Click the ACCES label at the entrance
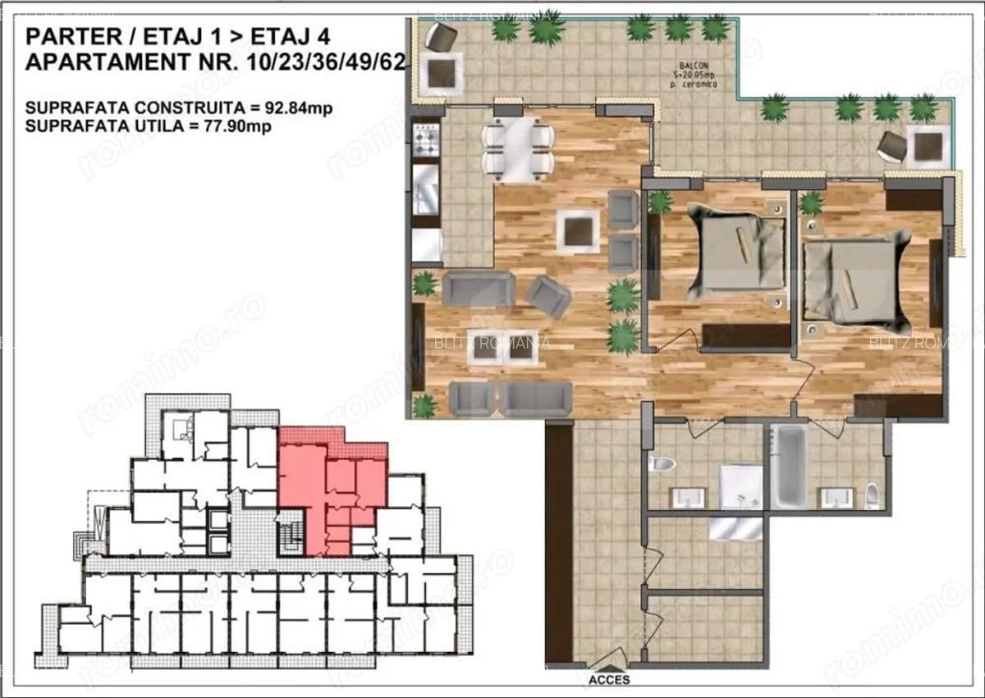609,680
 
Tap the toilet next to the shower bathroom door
662,464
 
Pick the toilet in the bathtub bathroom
872,495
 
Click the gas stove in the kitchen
427,141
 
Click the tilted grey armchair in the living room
547,296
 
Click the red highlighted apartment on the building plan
328,492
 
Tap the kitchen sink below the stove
427,193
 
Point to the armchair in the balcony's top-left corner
441,36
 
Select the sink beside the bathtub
837,496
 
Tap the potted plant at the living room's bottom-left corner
424,405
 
